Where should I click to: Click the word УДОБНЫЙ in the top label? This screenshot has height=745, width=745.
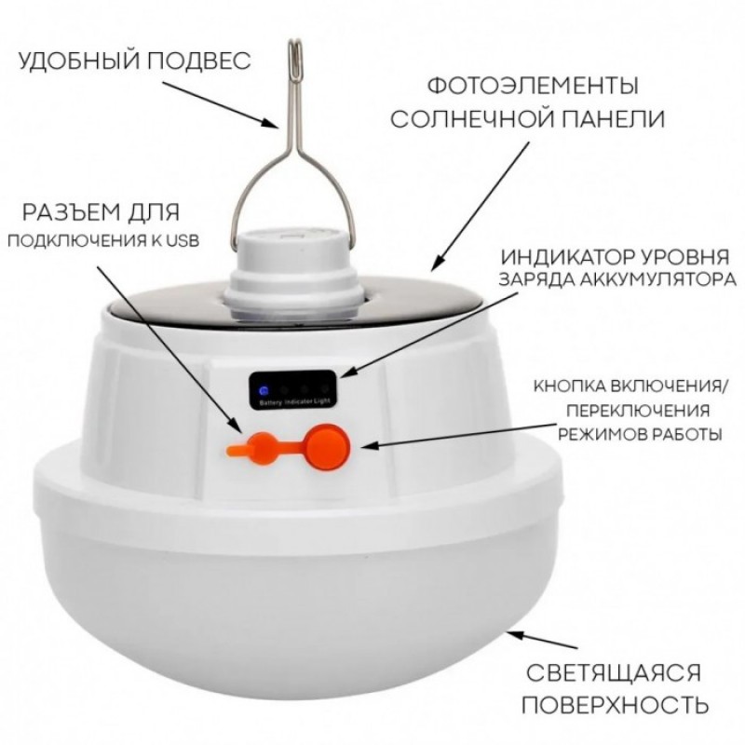[79, 61]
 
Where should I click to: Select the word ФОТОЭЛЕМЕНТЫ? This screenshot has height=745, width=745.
[533, 87]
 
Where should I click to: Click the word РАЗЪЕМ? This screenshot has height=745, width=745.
[72, 212]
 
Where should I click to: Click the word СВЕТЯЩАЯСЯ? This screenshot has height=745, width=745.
[614, 673]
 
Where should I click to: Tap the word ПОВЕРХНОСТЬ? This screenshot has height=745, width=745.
[616, 705]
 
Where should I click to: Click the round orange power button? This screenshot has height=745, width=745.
[328, 447]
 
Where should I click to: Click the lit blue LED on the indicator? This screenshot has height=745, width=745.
[264, 391]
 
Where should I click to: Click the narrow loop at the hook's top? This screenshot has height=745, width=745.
[295, 52]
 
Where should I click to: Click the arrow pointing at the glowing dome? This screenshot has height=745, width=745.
[543, 640]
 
